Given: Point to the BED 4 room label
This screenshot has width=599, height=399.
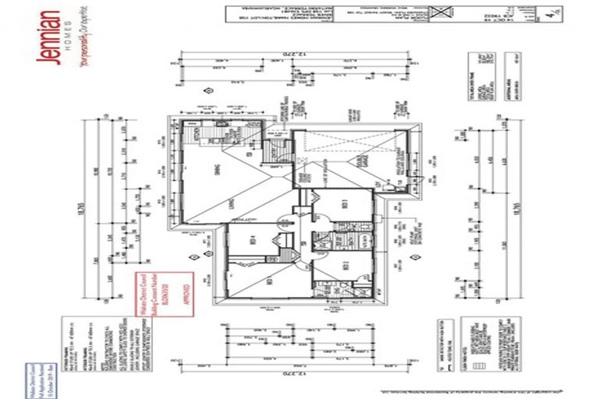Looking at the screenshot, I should pos(252,241).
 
